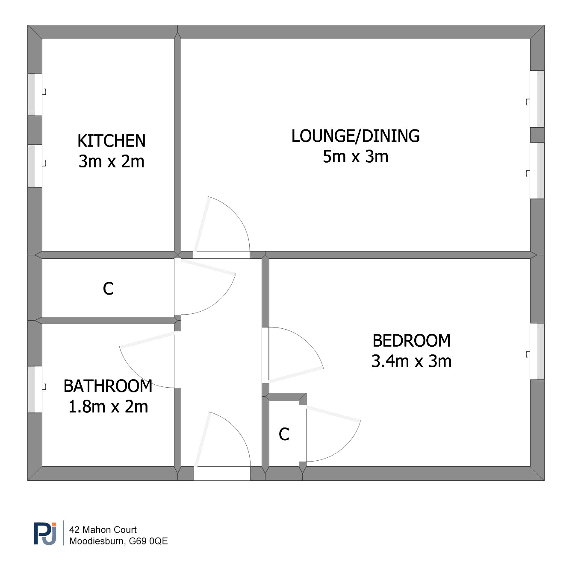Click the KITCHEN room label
pos(111,140)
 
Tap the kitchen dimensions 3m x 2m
pos(111,161)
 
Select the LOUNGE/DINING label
pos(355,136)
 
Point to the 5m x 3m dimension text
pos(355,157)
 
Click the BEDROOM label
pos(411,340)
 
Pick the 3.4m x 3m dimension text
pos(411,361)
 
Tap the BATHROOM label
pos(108,386)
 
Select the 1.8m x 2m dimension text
pos(108,407)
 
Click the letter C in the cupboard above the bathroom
pos(108,289)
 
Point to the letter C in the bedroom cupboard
pos(284,434)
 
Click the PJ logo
pos(45,534)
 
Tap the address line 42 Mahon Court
pos(103,529)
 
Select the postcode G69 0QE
pos(148,541)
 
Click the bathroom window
pos(35,389)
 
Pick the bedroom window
pos(537,351)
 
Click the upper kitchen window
pos(35,94)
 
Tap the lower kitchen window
pos(35,166)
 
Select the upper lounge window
pos(537,99)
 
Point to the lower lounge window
pos(537,170)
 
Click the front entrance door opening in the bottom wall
pos(222,473)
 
